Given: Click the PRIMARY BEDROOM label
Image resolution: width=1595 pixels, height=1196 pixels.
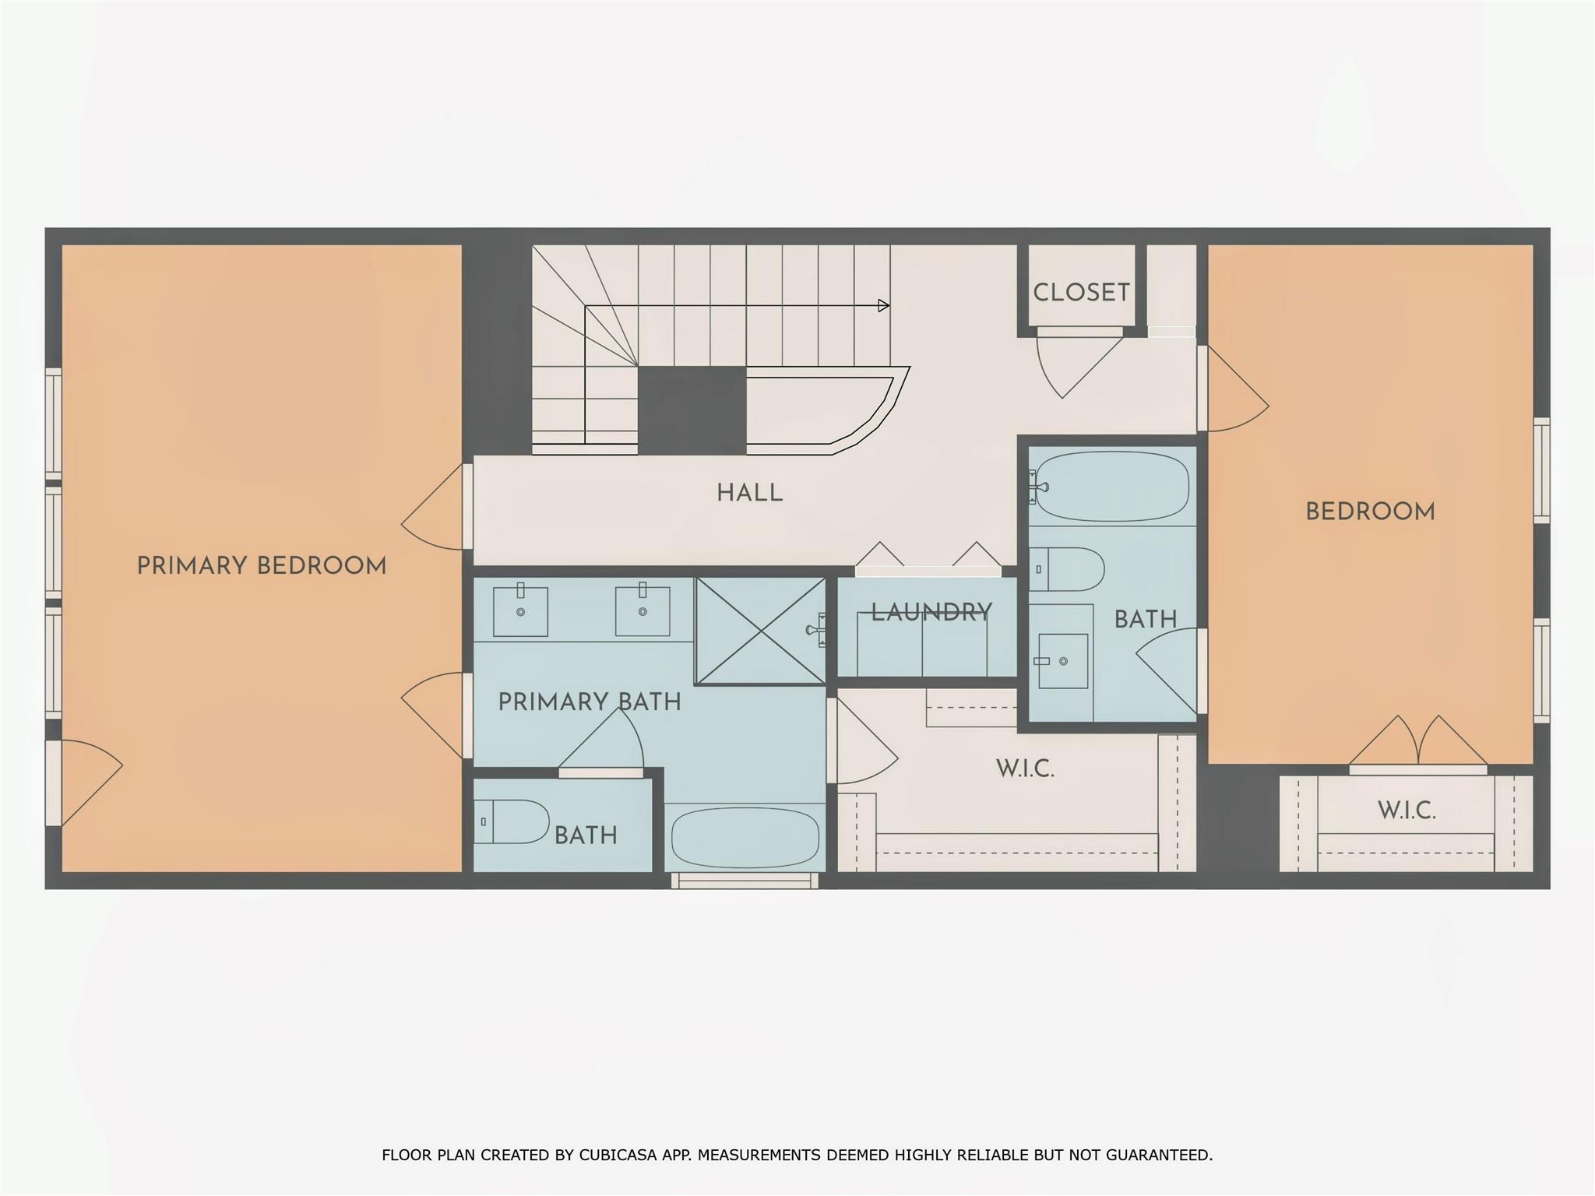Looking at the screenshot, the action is (262, 566).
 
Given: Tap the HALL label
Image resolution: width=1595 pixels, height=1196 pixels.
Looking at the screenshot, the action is (750, 493).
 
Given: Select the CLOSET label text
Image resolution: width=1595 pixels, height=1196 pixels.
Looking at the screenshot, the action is (1081, 293).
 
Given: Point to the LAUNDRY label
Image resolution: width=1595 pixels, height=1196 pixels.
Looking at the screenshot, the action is (931, 613).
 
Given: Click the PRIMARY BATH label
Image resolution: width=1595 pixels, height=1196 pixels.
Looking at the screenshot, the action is (590, 702).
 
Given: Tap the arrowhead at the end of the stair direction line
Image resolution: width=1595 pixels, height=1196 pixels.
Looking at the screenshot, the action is (884, 306).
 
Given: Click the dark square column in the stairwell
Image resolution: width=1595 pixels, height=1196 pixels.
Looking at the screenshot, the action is (692, 410).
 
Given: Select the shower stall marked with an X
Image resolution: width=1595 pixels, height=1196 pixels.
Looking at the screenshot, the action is (760, 631).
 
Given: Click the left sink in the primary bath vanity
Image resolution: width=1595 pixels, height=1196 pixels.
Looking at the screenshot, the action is (520, 611).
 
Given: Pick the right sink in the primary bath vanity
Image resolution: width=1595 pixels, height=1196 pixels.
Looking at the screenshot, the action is (643, 611).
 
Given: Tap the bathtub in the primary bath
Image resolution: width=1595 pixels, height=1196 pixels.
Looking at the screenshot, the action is (745, 838).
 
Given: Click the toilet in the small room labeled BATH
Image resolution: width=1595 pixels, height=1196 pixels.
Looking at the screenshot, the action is (511, 821).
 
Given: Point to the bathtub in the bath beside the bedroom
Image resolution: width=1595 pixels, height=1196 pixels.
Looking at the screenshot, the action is (1111, 487).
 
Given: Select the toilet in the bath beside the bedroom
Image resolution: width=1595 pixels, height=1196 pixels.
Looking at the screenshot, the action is (1067, 569).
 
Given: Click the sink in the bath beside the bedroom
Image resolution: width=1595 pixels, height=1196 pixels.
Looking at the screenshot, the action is (1063, 661).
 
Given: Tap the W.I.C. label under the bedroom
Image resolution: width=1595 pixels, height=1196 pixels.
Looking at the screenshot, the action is (1407, 811).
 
